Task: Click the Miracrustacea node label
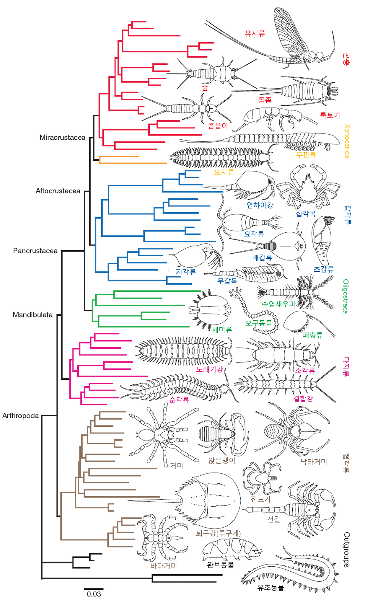tap(62, 137)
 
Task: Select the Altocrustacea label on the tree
tap(58, 191)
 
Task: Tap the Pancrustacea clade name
tap(35, 251)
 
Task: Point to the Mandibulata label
tap(32, 315)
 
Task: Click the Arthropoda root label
tap(20, 416)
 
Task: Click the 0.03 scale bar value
tap(94, 594)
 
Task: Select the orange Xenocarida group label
tap(347, 141)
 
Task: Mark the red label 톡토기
tap(330, 115)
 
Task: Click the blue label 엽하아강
tap(260, 205)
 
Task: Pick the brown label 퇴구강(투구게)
tap(218, 533)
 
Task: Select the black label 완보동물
tap(220, 565)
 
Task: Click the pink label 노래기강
tap(209, 369)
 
